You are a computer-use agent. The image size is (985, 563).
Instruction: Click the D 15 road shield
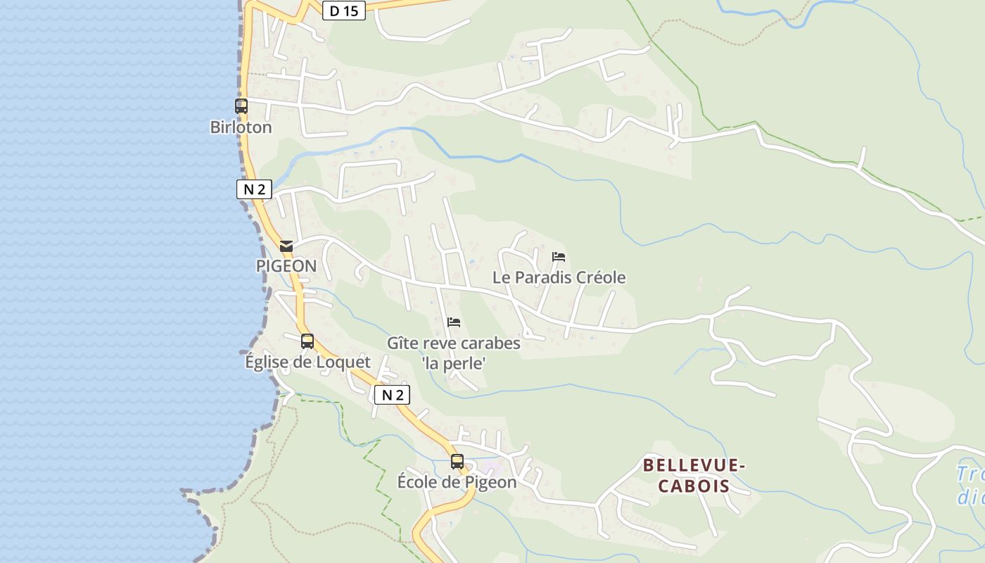344,11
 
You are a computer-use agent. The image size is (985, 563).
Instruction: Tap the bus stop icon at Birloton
241,106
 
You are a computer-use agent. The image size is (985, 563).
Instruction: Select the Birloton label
241,127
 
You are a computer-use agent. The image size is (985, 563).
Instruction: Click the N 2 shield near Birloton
254,189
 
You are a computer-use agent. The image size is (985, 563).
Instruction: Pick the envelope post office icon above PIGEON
286,246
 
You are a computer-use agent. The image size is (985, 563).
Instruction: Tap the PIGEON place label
286,267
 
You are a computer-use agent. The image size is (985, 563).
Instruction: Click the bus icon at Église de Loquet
307,341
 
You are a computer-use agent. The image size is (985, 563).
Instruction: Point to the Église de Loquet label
307,362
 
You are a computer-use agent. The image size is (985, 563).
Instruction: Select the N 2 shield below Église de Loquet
392,395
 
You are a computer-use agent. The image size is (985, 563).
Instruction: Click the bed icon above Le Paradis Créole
559,256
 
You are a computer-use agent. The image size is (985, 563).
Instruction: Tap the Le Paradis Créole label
559,277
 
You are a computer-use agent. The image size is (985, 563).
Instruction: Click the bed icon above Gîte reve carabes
454,322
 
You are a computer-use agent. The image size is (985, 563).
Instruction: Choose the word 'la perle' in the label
454,364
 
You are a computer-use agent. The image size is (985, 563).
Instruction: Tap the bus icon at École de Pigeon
457,462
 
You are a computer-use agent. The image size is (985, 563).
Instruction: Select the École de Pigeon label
457,483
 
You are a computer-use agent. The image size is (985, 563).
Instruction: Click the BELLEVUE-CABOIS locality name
693,475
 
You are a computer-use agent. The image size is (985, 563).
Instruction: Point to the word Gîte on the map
402,343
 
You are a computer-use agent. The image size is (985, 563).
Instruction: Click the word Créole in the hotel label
601,277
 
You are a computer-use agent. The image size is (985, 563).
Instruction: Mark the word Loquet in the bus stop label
344,362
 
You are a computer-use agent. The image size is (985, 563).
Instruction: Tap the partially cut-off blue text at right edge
970,485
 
